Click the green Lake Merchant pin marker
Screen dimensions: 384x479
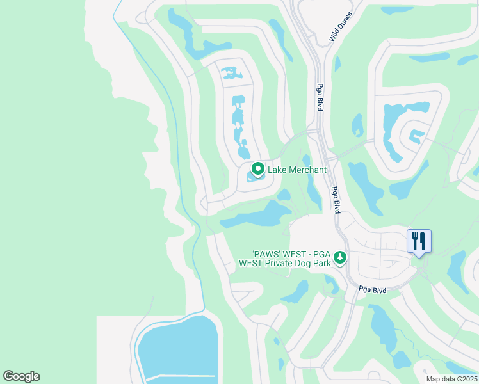[258, 169]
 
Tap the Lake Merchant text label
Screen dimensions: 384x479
[297, 170]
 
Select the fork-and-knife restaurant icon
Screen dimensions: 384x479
[419, 241]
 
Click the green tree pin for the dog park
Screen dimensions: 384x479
[340, 257]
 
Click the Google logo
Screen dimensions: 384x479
[21, 376]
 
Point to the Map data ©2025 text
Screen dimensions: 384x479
[451, 379]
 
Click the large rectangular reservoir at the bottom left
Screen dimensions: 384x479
[176, 349]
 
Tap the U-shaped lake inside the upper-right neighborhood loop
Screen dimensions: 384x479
[403, 122]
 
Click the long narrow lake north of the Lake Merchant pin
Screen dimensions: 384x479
[239, 125]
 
